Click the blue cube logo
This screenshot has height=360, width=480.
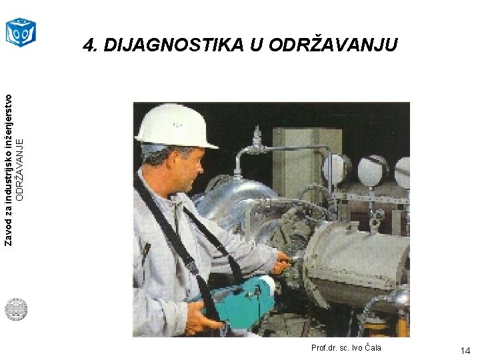point(21,32)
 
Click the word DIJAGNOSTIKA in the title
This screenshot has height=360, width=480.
point(174,45)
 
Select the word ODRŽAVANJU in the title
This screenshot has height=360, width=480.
point(333,45)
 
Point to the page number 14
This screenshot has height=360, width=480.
point(465,351)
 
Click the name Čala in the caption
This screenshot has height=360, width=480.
point(373,347)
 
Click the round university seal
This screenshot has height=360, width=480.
point(16,309)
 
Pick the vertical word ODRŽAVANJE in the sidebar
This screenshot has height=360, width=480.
point(19,170)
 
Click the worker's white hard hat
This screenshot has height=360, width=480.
point(175,126)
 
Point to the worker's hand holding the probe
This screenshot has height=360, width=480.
point(281,263)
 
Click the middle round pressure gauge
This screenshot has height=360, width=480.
point(371,170)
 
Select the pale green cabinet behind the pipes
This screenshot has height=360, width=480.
point(307,162)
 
